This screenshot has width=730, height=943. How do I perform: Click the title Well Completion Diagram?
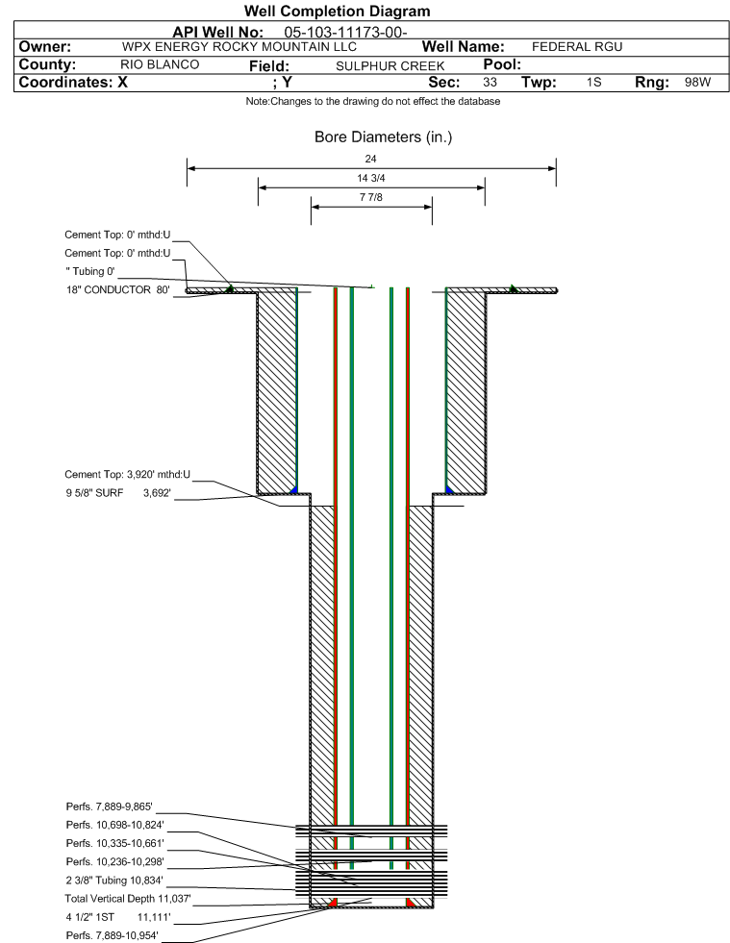point(337,11)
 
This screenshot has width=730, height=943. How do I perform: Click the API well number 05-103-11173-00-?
point(345,32)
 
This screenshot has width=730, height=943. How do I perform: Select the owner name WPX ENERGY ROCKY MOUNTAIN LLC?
point(239,47)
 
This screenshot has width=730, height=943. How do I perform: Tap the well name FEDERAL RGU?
point(577,47)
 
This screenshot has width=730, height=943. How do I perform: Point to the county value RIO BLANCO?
point(160,64)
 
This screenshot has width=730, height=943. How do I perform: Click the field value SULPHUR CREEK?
point(390,66)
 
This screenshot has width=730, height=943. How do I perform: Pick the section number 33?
point(490,82)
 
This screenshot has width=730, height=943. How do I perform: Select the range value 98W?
point(697,82)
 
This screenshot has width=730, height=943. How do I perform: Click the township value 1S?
point(594,82)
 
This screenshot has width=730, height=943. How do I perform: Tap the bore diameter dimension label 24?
point(370,159)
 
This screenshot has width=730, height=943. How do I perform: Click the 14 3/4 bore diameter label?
point(370,178)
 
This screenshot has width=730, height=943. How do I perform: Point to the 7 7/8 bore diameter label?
point(370,197)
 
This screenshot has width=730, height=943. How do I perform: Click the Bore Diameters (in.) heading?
point(384,137)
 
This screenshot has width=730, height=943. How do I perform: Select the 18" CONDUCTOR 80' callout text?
point(118,290)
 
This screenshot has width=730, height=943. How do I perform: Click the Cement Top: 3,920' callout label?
point(128,475)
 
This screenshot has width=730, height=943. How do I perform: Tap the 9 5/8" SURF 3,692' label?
point(118,493)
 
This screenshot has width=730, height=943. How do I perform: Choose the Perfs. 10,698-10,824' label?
point(115,825)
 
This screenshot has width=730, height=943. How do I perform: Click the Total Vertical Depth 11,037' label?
point(128,899)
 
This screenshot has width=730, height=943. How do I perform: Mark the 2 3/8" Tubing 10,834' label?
point(114,881)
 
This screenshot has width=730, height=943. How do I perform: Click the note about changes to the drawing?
point(373,101)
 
